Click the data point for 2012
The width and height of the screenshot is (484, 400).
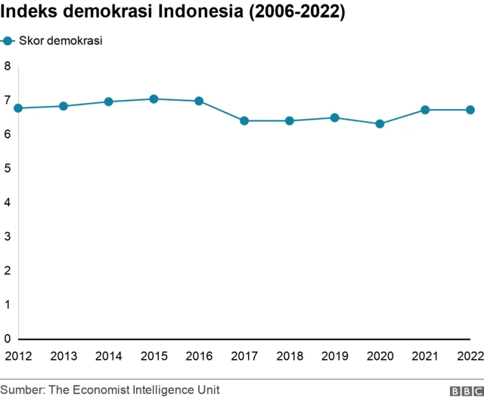[x=18, y=108]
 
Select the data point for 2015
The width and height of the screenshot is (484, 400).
[x=154, y=98]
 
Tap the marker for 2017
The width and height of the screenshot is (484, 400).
[x=244, y=120]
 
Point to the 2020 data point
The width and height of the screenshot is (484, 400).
[x=380, y=123]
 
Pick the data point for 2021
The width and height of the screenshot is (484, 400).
[x=425, y=110]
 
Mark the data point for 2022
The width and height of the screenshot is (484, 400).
[x=470, y=110]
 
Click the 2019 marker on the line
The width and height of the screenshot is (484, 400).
[x=334, y=117]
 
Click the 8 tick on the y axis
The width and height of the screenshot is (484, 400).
[x=7, y=66]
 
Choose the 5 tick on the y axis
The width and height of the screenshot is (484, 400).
[x=7, y=168]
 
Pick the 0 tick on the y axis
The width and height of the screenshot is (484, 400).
[x=7, y=339]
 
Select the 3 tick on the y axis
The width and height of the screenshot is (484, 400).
[x=7, y=236]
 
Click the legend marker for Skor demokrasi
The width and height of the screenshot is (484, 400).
[x=8, y=41]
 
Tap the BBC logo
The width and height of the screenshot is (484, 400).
[x=465, y=390]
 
